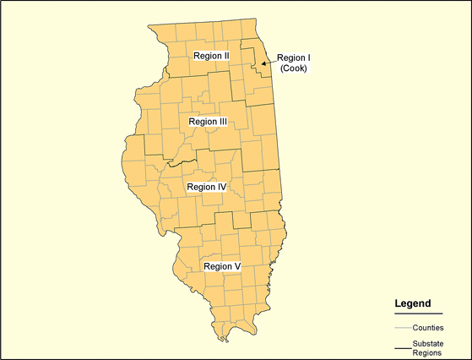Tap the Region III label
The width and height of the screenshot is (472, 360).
[x=208, y=122]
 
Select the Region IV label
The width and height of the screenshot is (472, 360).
[x=206, y=187]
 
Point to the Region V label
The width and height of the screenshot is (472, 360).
[x=222, y=266]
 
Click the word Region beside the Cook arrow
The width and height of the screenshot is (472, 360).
[x=289, y=58]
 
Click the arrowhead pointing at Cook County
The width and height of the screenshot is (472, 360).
[x=263, y=63]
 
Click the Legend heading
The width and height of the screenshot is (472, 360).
[x=413, y=303]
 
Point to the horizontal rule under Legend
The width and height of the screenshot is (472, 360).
[x=418, y=314]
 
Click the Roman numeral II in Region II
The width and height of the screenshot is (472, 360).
[x=226, y=56]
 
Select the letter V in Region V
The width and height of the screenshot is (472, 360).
[x=238, y=266]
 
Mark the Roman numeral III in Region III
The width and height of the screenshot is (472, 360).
[x=223, y=122]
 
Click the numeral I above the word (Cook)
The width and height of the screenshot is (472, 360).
[x=308, y=58]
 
